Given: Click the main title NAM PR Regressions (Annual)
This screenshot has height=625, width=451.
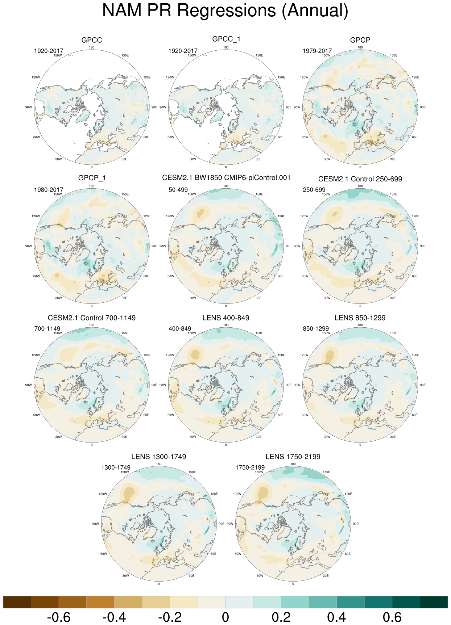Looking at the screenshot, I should (x=225, y=11).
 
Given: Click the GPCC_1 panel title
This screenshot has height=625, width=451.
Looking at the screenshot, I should (x=226, y=39).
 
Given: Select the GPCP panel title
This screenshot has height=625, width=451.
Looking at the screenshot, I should (x=360, y=40).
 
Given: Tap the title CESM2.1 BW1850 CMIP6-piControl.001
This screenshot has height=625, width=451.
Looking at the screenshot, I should (x=226, y=178).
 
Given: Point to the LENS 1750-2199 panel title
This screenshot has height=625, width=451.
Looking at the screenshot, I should (x=293, y=457).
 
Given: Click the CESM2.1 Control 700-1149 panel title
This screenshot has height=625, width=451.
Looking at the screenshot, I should (x=92, y=318).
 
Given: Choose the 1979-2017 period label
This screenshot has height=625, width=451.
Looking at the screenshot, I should (x=317, y=51).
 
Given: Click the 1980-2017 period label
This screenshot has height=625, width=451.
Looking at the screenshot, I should (x=49, y=190).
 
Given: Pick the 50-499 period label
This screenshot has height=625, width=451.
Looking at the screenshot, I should (x=178, y=190).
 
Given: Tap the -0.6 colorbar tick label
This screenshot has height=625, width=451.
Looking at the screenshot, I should (x=58, y=617).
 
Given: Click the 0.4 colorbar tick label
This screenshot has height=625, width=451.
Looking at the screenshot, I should (x=336, y=617).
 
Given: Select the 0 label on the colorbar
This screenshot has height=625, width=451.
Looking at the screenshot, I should (x=225, y=617).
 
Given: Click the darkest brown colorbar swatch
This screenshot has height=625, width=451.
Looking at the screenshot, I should (x=17, y=602).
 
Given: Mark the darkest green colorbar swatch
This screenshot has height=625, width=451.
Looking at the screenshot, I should (x=434, y=602).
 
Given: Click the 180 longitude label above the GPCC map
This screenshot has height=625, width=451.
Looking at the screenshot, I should (x=92, y=47).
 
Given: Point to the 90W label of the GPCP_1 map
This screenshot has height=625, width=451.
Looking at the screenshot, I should (x=29, y=246).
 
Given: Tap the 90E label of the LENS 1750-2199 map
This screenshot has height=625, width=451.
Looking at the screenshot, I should (x=356, y=524).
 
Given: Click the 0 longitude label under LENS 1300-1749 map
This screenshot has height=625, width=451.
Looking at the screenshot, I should (x=159, y=584).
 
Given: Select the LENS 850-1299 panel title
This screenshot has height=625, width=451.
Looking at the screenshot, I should (x=360, y=318).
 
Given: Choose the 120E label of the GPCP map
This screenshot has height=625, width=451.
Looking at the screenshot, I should (x=415, y=77).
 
